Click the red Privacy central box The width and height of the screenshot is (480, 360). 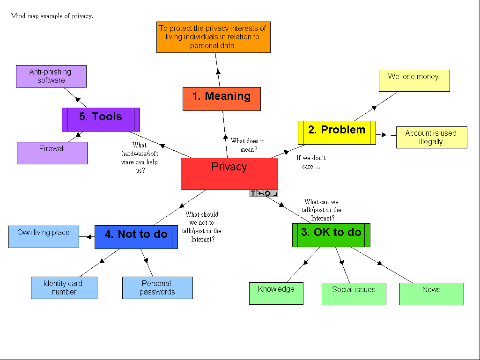tap(229, 174)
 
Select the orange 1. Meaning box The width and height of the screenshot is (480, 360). tap(222, 99)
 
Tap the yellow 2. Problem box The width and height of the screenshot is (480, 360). tap(337, 132)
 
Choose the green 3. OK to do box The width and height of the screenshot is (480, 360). tap(331, 235)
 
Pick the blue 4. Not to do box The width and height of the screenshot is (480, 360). tap(136, 237)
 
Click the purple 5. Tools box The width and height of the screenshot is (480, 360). tap(101, 119)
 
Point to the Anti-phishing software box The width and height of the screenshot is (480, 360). tap(51, 76)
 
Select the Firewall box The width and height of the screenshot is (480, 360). tap(52, 153)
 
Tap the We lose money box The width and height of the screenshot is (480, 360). tap(414, 81)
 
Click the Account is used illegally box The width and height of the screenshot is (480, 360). tap(431, 137)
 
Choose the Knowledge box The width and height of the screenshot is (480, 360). tap(276, 294)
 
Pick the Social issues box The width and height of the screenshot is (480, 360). tap(354, 294)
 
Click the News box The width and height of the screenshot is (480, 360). tap(431, 294)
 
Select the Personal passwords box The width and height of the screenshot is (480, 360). tap(157, 288)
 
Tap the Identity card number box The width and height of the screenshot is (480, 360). tap(64, 288)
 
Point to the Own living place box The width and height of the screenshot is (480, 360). tap(44, 237)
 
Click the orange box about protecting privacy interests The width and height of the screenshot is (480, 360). tap(213, 37)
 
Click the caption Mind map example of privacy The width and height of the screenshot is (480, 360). tap(52, 16)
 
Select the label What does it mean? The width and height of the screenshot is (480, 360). tap(247, 145)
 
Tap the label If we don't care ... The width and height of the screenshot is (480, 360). tap(310, 162)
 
